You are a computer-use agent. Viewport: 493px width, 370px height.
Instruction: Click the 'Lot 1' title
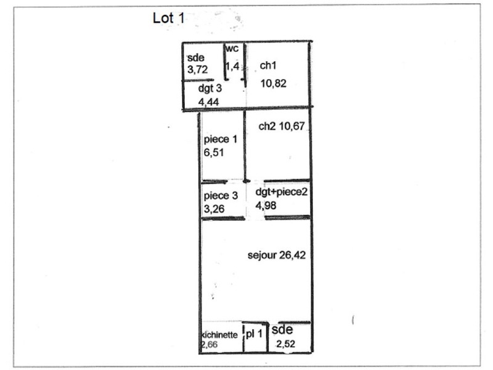[168, 18]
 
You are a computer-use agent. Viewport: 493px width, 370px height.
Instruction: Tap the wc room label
[232, 49]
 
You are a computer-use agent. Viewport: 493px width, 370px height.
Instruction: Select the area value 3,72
[197, 70]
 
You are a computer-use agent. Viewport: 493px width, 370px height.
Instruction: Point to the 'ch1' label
[268, 65]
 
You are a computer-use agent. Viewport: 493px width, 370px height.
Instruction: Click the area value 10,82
[273, 84]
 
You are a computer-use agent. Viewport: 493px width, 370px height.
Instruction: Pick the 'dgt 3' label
[210, 88]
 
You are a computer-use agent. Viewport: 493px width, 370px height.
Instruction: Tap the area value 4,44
[208, 102]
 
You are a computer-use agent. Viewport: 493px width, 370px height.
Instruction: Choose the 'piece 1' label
[221, 139]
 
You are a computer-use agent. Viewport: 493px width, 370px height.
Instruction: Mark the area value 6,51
[214, 152]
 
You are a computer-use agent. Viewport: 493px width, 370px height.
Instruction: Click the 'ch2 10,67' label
[282, 126]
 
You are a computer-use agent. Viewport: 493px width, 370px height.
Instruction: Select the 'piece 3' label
[221, 195]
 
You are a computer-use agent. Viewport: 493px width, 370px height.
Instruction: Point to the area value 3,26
[214, 209]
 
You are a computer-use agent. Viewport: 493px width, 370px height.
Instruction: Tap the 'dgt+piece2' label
[281, 192]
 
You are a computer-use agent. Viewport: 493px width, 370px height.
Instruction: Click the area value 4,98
[266, 206]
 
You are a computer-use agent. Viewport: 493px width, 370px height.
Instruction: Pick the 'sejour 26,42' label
[277, 255]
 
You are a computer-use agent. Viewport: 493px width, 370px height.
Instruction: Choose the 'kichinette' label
[219, 335]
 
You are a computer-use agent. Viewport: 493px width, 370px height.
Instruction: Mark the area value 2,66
[210, 345]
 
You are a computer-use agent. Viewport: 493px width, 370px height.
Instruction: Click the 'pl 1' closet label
[254, 334]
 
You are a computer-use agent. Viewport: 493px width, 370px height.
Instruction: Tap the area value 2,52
[286, 344]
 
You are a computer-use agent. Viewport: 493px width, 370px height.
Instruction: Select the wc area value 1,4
[233, 67]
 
